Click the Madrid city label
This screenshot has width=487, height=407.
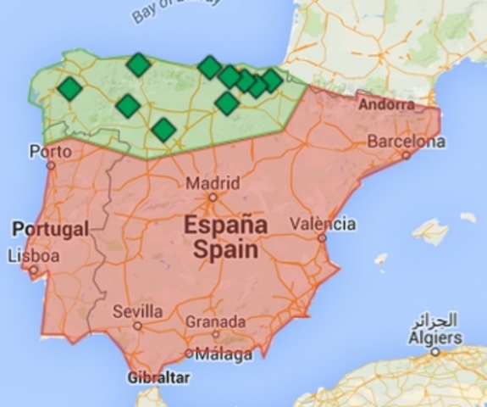click(x=213, y=183)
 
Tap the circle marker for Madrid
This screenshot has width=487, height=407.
click(x=213, y=197)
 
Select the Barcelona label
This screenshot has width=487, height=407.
click(x=406, y=141)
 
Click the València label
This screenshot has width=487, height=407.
click(x=323, y=225)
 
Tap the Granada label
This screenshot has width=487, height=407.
click(x=216, y=322)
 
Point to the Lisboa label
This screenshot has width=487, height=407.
click(x=33, y=255)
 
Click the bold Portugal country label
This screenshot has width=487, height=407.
click(x=50, y=229)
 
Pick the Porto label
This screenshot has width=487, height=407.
click(x=47, y=153)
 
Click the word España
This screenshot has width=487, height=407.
click(x=225, y=226)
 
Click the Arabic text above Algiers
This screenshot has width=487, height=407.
click(x=434, y=321)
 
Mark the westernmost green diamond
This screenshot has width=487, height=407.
click(x=69, y=88)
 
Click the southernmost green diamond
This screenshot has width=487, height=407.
click(x=163, y=130)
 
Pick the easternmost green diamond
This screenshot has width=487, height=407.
click(x=271, y=80)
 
